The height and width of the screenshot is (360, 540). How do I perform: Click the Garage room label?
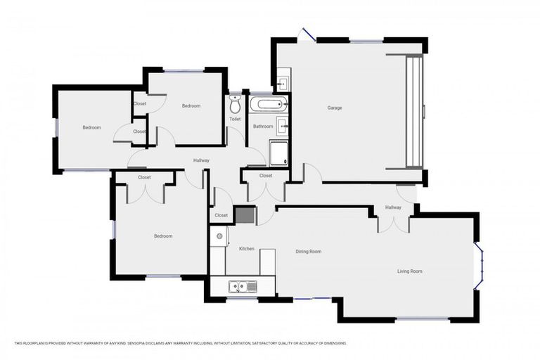click(334, 108)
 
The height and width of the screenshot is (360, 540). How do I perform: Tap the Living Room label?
click(410, 271)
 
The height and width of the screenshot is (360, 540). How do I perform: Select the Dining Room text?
click(308, 251)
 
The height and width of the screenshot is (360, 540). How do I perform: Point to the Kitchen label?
click(246, 249)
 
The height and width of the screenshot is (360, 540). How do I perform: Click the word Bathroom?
click(263, 127)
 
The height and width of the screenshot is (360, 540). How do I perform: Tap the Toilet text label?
click(235, 119)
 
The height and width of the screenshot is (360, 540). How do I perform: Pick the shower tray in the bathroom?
click(278, 153)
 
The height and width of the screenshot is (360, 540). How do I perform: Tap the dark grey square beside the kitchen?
click(244, 214)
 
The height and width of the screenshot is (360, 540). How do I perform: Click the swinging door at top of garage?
click(306, 34)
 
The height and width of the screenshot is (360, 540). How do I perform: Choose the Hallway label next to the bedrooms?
click(202, 161)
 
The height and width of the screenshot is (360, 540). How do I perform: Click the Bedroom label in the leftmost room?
click(91, 127)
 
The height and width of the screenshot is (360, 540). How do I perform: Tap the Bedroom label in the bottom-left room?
click(163, 236)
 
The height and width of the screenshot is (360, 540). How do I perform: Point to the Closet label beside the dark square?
click(221, 215)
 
